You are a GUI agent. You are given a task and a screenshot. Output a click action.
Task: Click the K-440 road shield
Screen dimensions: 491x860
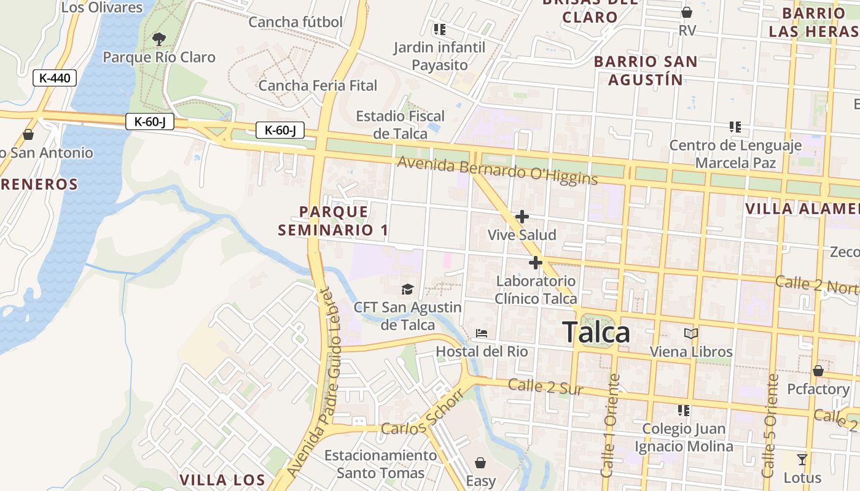click(x=55, y=78)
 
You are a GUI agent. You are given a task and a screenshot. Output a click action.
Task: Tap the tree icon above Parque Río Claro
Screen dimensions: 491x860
click(x=159, y=39)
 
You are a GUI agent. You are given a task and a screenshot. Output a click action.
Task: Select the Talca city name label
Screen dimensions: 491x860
click(x=596, y=333)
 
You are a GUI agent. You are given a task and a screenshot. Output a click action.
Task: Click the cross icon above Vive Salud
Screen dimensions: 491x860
click(x=522, y=217)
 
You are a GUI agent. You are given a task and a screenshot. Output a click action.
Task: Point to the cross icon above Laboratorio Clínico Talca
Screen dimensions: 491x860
click(x=536, y=263)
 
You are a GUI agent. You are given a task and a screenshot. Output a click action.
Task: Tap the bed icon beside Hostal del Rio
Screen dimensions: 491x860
click(x=482, y=333)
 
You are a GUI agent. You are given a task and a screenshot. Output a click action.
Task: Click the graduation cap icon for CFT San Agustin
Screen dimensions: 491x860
click(x=407, y=289)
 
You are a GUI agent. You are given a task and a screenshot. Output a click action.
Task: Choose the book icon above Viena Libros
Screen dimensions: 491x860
click(x=691, y=334)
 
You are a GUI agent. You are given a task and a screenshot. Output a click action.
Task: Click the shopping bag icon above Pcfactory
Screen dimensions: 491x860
click(x=818, y=371)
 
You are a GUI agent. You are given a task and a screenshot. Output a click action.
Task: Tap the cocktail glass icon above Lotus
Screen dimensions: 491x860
click(x=802, y=459)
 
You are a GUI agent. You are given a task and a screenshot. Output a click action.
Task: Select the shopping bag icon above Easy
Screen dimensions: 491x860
click(x=480, y=462)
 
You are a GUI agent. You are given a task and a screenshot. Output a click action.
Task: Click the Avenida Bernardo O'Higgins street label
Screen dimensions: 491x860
click(x=498, y=171)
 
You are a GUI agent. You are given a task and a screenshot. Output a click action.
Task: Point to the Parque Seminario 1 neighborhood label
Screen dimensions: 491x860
click(x=334, y=221)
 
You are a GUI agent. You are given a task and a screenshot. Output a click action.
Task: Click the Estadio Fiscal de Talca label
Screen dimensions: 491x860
click(x=401, y=125)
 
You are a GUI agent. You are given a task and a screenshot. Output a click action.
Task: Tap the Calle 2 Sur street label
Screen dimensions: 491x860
click(x=546, y=387)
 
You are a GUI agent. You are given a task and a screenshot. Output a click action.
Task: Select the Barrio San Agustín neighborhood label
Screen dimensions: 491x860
click(x=646, y=71)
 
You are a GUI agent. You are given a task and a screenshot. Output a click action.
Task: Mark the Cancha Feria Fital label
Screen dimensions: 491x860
click(x=318, y=85)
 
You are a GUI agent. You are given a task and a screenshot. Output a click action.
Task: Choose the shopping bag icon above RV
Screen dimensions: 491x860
click(x=687, y=12)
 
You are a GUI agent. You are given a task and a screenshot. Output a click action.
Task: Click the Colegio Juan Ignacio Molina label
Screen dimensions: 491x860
click(x=684, y=437)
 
